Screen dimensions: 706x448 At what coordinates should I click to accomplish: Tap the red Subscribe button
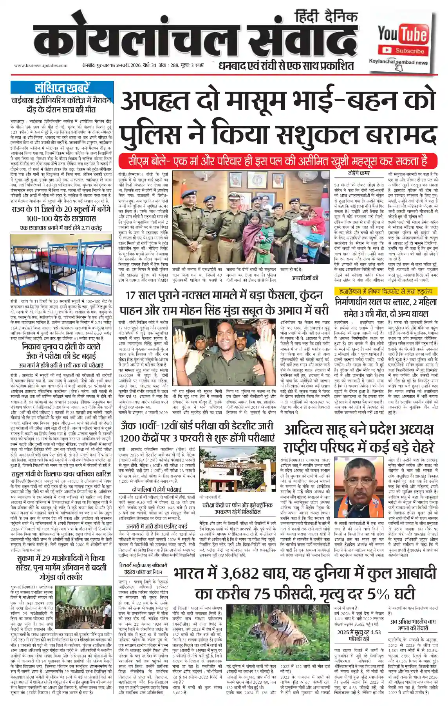(x=403, y=51)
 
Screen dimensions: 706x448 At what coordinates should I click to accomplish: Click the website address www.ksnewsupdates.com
(x=41, y=65)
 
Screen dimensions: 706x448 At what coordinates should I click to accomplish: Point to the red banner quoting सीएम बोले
(x=278, y=161)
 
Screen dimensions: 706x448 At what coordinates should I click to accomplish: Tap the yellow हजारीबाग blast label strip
(x=386, y=291)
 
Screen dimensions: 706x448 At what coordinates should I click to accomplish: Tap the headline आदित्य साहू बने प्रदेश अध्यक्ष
(x=359, y=429)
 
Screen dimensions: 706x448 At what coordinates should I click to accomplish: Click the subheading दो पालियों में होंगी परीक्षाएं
(x=157, y=490)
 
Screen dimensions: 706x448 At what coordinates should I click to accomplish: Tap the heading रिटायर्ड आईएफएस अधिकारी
(x=143, y=565)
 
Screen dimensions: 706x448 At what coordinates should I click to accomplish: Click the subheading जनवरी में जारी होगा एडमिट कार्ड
(x=157, y=526)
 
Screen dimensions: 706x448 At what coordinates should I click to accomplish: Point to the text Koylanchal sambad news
(x=398, y=62)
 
